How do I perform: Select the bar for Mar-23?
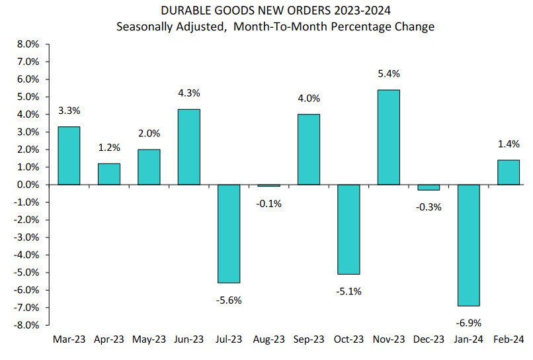tap(68, 156)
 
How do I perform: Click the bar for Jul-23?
tap(228, 234)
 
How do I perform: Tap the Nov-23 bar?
tap(388, 137)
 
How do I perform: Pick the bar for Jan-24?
tap(468, 245)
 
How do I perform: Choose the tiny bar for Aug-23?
tap(268, 186)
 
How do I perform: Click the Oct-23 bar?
tap(348, 229)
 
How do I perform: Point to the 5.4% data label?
tap(388, 73)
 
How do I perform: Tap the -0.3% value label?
tap(429, 206)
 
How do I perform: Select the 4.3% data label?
tap(188, 93)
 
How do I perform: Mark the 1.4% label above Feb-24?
tap(508, 144)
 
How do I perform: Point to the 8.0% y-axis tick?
tap(28, 44)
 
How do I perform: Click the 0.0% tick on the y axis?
tap(28, 185)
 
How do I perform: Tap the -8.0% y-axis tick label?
tap(26, 325)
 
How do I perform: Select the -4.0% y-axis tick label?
tap(26, 255)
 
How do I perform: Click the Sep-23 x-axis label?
tap(309, 339)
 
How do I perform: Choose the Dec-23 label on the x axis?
tap(429, 339)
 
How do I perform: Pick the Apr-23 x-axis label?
tap(108, 339)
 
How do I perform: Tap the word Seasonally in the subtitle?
tap(143, 26)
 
